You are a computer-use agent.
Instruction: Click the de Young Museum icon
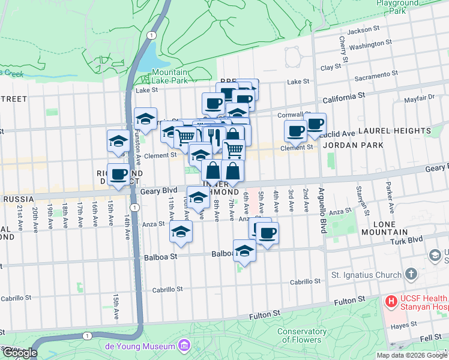click(x=184, y=346)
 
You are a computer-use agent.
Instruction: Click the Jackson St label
click(x=364, y=29)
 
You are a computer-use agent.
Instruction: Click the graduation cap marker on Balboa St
click(x=244, y=251)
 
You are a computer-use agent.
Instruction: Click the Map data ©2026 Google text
click(x=411, y=355)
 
